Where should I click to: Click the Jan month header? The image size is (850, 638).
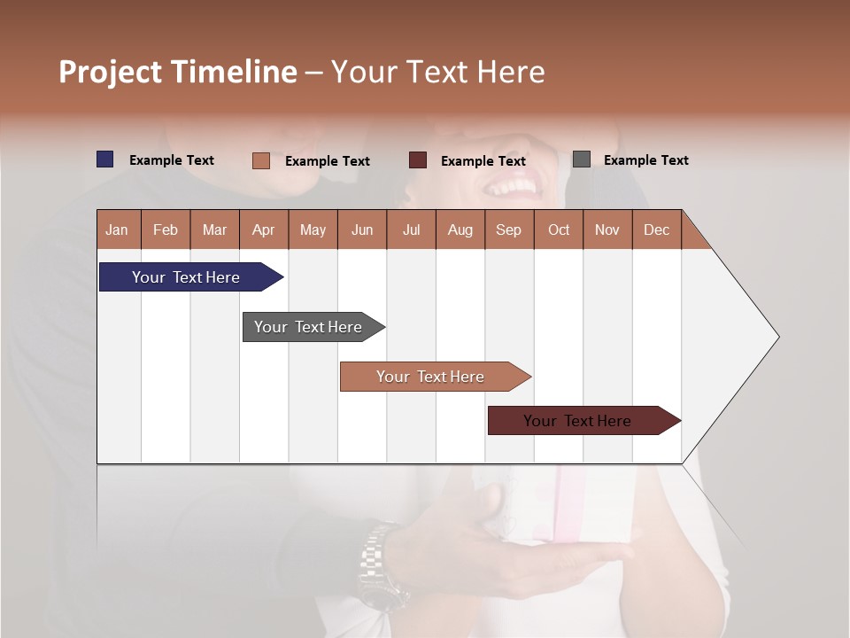(x=117, y=230)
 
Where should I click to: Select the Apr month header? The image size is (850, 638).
(x=263, y=230)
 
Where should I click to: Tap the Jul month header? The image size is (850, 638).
(x=411, y=230)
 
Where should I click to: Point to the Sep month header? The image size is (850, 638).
(x=508, y=230)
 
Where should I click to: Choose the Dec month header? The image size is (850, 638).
(x=656, y=230)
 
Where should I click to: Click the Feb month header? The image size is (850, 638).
(x=166, y=230)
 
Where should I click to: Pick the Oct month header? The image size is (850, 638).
(x=559, y=230)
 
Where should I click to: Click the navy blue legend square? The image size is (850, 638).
(x=105, y=159)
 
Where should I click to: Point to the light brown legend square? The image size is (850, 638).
(x=261, y=160)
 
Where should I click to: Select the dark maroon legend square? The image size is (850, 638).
(x=418, y=160)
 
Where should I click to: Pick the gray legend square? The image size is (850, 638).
(x=582, y=159)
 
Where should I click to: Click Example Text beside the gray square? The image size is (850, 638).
(x=645, y=160)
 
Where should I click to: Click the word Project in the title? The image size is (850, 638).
(x=111, y=72)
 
